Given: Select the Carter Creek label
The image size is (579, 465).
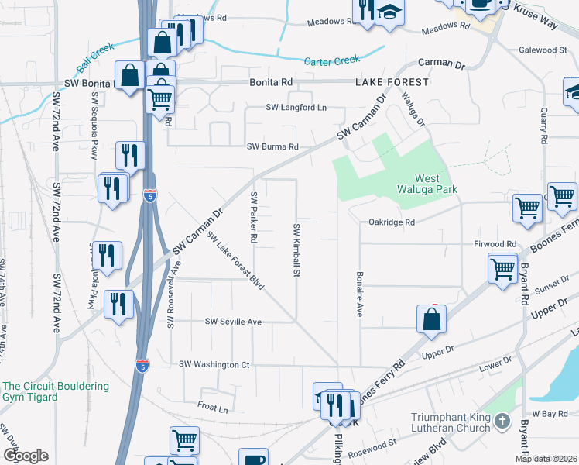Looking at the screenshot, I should click(333, 61).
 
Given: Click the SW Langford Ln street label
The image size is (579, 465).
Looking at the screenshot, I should click(296, 108).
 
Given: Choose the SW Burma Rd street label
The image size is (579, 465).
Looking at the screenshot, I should click(272, 146).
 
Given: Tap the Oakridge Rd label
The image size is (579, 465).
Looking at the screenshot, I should click(392, 222).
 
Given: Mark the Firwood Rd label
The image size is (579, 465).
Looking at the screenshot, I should click(495, 244).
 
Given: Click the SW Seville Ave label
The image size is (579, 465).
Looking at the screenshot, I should click(233, 322).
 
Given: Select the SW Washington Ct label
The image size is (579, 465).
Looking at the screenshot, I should click(214, 364).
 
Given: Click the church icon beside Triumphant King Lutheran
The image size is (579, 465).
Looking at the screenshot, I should click(502, 422).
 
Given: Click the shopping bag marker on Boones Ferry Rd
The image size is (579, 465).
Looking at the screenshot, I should click(431, 319).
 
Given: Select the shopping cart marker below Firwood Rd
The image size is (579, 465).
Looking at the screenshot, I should click(502, 269).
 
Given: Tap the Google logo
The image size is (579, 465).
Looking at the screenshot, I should click(26, 456).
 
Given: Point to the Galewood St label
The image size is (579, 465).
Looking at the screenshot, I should click(542, 50).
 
